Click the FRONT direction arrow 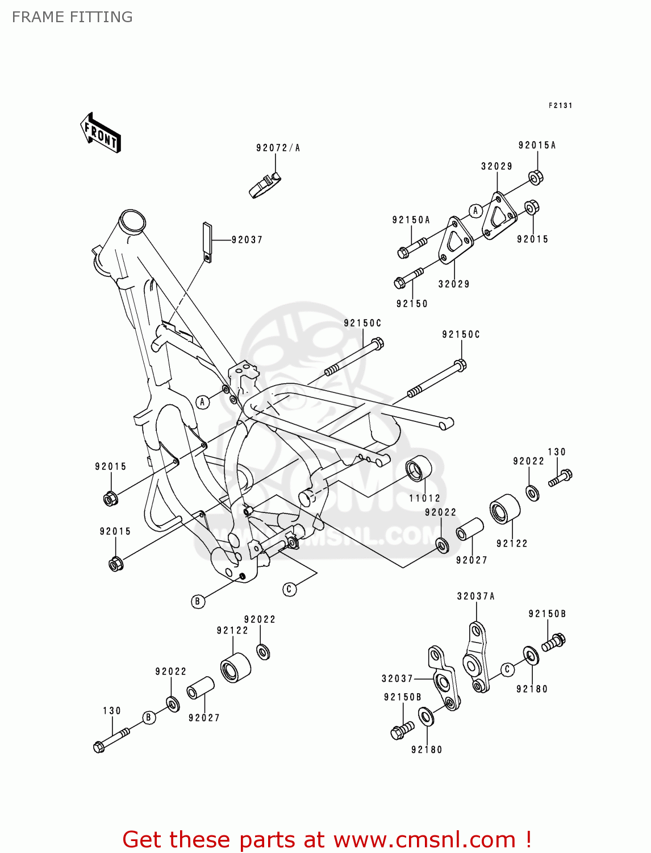click(x=101, y=133)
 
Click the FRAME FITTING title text click(x=72, y=17)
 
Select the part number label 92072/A click(x=278, y=148)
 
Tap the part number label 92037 click(x=247, y=240)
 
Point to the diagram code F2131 click(x=560, y=106)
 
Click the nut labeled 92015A click(x=536, y=177)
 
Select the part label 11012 click(x=424, y=498)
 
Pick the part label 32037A click(x=475, y=596)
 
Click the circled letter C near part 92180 click(x=507, y=669)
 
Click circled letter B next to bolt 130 click(x=148, y=717)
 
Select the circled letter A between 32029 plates click(x=475, y=211)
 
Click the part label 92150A click(x=411, y=220)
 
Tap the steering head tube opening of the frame click(x=132, y=220)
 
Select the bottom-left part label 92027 click(x=204, y=718)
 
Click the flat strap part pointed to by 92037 click(x=207, y=242)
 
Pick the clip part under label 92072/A click(x=264, y=185)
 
